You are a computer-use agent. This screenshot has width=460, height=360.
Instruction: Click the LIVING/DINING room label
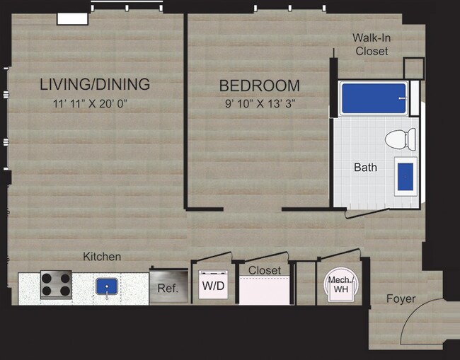click(95, 85)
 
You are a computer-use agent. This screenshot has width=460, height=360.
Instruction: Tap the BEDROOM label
click(259, 86)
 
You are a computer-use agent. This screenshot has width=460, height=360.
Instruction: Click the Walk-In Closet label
click(372, 44)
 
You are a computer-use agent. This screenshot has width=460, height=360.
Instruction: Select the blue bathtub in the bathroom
click(374, 98)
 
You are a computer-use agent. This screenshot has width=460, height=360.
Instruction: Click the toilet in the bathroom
click(401, 139)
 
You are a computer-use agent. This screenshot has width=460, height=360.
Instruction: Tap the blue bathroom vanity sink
click(406, 176)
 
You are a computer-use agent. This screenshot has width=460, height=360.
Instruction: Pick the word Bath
click(365, 168)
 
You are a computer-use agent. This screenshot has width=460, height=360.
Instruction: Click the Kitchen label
click(102, 256)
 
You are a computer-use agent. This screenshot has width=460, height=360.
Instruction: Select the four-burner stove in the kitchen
click(56, 285)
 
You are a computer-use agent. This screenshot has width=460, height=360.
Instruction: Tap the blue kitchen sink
click(107, 286)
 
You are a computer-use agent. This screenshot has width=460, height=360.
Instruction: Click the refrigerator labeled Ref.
click(168, 287)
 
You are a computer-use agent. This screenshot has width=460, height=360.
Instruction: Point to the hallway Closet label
click(264, 270)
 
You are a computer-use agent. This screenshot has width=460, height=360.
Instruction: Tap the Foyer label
click(401, 298)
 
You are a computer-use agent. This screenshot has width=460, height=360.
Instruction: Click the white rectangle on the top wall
click(72, 18)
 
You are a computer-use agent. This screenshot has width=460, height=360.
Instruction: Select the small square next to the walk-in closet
click(413, 68)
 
